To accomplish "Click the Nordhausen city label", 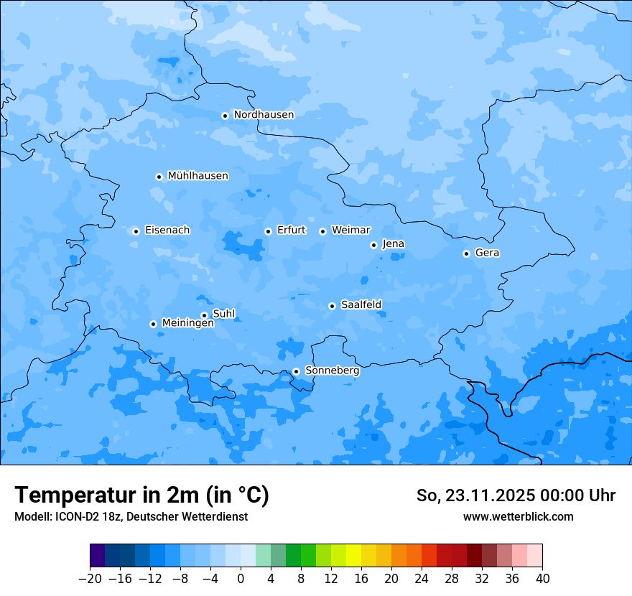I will click(264, 115).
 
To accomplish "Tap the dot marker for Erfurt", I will click(268, 231).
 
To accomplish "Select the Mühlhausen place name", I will click(197, 176).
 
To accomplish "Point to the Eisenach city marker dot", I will click(136, 231).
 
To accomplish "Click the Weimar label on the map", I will click(350, 231).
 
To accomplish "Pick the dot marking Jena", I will click(373, 245).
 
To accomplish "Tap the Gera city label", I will click(487, 253).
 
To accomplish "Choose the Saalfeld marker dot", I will click(332, 306).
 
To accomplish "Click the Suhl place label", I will click(224, 314).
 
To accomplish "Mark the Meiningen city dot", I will click(153, 324).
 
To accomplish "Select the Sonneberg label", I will click(332, 371).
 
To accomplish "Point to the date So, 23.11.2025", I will click(474, 495).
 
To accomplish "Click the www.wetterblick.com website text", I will click(518, 516).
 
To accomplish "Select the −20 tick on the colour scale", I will click(90, 579).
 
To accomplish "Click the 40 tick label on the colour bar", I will click(542, 579).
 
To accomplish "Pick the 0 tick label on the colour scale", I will click(241, 579).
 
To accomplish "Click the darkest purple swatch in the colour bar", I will click(98, 556).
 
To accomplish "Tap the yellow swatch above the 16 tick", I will click(353, 556).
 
